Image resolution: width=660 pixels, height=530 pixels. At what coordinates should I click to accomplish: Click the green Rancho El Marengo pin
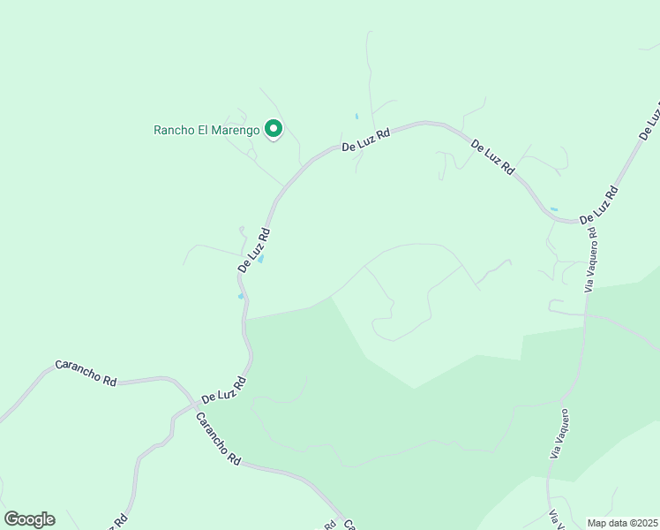[274, 129]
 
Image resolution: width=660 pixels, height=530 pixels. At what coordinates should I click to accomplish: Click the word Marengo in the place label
[236, 130]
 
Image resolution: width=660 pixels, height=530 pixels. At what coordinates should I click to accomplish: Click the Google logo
[29, 519]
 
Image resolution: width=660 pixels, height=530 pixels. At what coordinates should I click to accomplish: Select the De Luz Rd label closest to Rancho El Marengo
[366, 139]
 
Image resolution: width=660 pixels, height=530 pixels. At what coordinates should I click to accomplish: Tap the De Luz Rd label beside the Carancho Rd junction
[222, 389]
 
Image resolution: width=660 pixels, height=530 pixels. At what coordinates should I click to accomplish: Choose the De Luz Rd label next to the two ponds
[254, 250]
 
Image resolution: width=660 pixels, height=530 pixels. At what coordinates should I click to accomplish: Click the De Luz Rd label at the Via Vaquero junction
[599, 205]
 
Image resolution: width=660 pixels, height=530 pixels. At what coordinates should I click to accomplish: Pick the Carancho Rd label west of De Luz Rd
[86, 372]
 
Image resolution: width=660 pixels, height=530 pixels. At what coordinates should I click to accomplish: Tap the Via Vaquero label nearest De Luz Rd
[592, 263]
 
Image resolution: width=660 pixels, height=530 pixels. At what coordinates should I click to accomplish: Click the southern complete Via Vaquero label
[559, 433]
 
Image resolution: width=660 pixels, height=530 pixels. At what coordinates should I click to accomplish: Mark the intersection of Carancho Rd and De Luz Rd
[193, 405]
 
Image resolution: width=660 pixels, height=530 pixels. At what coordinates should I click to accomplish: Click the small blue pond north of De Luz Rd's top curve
[356, 117]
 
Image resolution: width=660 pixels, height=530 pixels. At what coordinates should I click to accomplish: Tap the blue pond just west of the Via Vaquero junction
[554, 209]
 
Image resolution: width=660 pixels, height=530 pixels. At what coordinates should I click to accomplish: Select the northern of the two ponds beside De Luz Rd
[260, 259]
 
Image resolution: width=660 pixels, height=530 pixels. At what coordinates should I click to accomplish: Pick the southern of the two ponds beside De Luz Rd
[241, 296]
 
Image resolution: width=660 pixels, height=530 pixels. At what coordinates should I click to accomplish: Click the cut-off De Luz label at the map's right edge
[650, 122]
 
